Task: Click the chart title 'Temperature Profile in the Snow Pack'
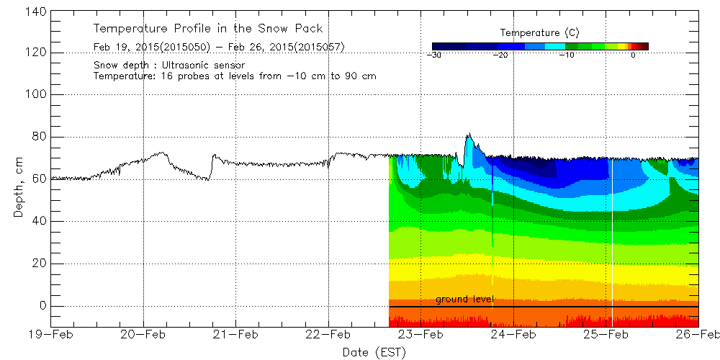(x=207, y=29)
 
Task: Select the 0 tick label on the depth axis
(x=42, y=306)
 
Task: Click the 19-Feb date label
(x=51, y=334)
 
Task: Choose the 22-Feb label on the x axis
(x=328, y=334)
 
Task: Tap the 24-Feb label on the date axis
(x=513, y=334)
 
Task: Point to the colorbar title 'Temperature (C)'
(x=539, y=33)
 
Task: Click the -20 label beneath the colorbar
(x=500, y=55)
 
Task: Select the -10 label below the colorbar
(x=566, y=55)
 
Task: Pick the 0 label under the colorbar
(x=632, y=55)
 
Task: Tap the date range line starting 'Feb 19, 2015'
(x=219, y=48)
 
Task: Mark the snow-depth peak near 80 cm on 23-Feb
(x=469, y=134)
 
